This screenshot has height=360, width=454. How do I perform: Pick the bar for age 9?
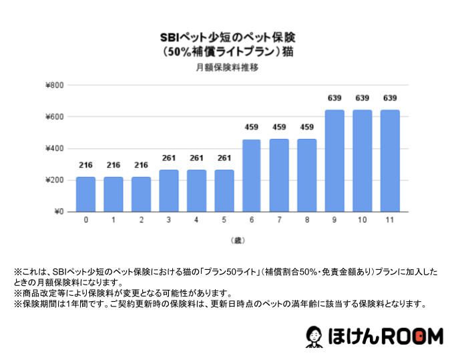[334, 161]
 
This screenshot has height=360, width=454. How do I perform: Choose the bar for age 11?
[390, 161]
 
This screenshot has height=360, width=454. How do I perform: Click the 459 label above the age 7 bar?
[279, 128]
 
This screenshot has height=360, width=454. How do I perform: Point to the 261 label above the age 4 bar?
[196, 158]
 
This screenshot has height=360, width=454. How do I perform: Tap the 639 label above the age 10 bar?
[362, 98]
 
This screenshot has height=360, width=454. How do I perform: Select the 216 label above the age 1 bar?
[113, 164]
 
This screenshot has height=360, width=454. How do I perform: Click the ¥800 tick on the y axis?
[55, 85]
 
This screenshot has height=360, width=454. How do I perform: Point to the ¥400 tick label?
[55, 149]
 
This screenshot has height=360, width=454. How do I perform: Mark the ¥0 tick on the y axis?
[58, 212]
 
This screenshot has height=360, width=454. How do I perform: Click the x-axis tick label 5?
[224, 220]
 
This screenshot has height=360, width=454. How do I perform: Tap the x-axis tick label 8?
[307, 220]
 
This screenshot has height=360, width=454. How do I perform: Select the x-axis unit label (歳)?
[238, 239]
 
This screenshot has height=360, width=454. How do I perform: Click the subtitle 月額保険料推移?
[227, 67]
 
